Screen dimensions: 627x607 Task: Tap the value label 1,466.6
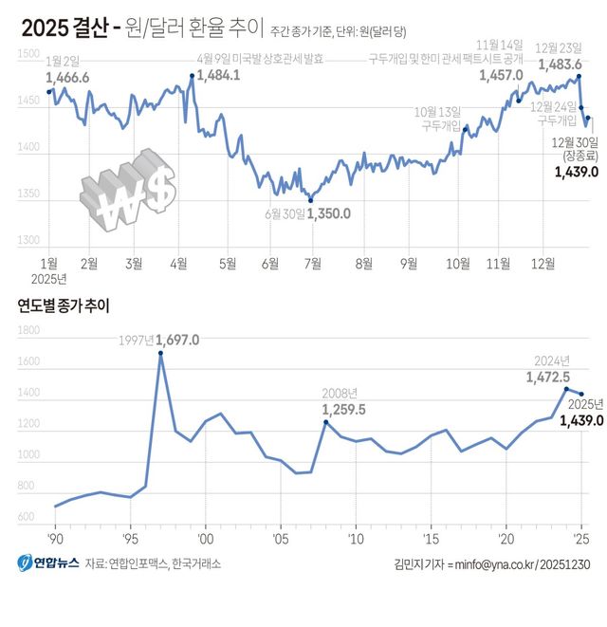[67, 77]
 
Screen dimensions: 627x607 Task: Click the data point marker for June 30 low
[310, 199]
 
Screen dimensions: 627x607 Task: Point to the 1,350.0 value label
[328, 214]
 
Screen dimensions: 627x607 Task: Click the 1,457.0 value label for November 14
[504, 75]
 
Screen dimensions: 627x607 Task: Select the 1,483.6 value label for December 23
[561, 65]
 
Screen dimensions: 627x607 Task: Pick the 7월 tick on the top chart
[312, 237]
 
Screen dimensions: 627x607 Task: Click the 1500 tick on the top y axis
[29, 57]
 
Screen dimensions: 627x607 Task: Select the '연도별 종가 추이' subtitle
[64, 305]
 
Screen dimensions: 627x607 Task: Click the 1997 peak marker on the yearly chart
[160, 353]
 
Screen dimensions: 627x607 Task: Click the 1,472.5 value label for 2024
[547, 377]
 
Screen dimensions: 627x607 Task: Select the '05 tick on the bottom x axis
[280, 539]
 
